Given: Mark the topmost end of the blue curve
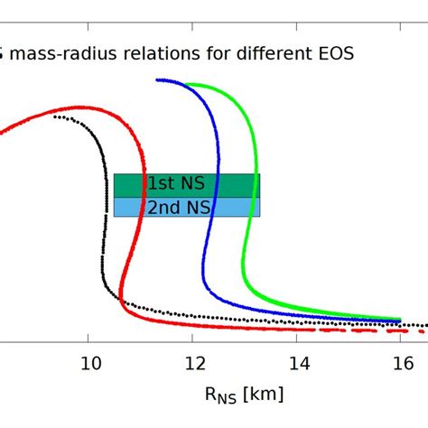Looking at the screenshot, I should tap(157, 80).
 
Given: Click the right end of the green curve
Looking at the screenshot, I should tap(400, 318).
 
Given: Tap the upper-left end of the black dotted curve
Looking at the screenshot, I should tap(55, 116).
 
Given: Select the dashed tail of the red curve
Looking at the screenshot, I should tap(361, 330).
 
